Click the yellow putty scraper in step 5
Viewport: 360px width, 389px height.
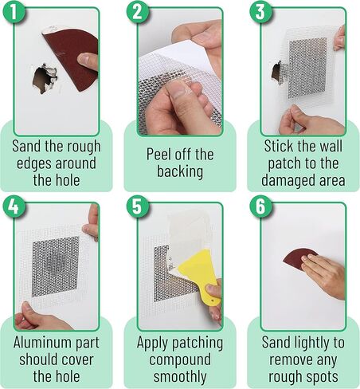[193, 279]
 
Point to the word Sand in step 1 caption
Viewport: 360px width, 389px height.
[28, 146]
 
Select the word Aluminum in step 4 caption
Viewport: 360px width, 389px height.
[41, 341]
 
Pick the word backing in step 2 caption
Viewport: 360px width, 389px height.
[180, 171]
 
